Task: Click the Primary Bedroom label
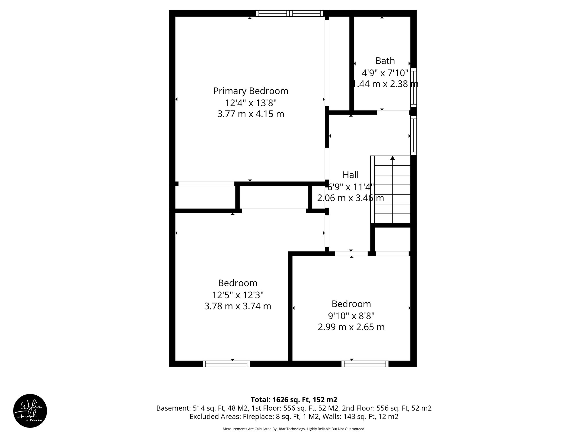[x=251, y=91]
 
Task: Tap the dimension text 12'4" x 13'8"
[x=251, y=103]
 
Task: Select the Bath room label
[x=385, y=61]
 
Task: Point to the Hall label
[x=351, y=175]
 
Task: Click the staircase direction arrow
[x=392, y=158]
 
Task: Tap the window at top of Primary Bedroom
[x=289, y=13]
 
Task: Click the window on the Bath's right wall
[x=413, y=87]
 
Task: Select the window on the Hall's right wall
[x=413, y=135]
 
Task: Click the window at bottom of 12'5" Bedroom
[x=226, y=364]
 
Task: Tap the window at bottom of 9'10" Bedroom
[x=365, y=364]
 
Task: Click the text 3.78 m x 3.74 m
[x=237, y=306]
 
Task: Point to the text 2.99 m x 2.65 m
[x=351, y=327]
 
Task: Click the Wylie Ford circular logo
[x=30, y=411]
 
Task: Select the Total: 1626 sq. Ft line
[x=294, y=400]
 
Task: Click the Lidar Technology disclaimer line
[x=294, y=429]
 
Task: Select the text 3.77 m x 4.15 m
[x=251, y=114]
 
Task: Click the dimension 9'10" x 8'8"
[x=351, y=316]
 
